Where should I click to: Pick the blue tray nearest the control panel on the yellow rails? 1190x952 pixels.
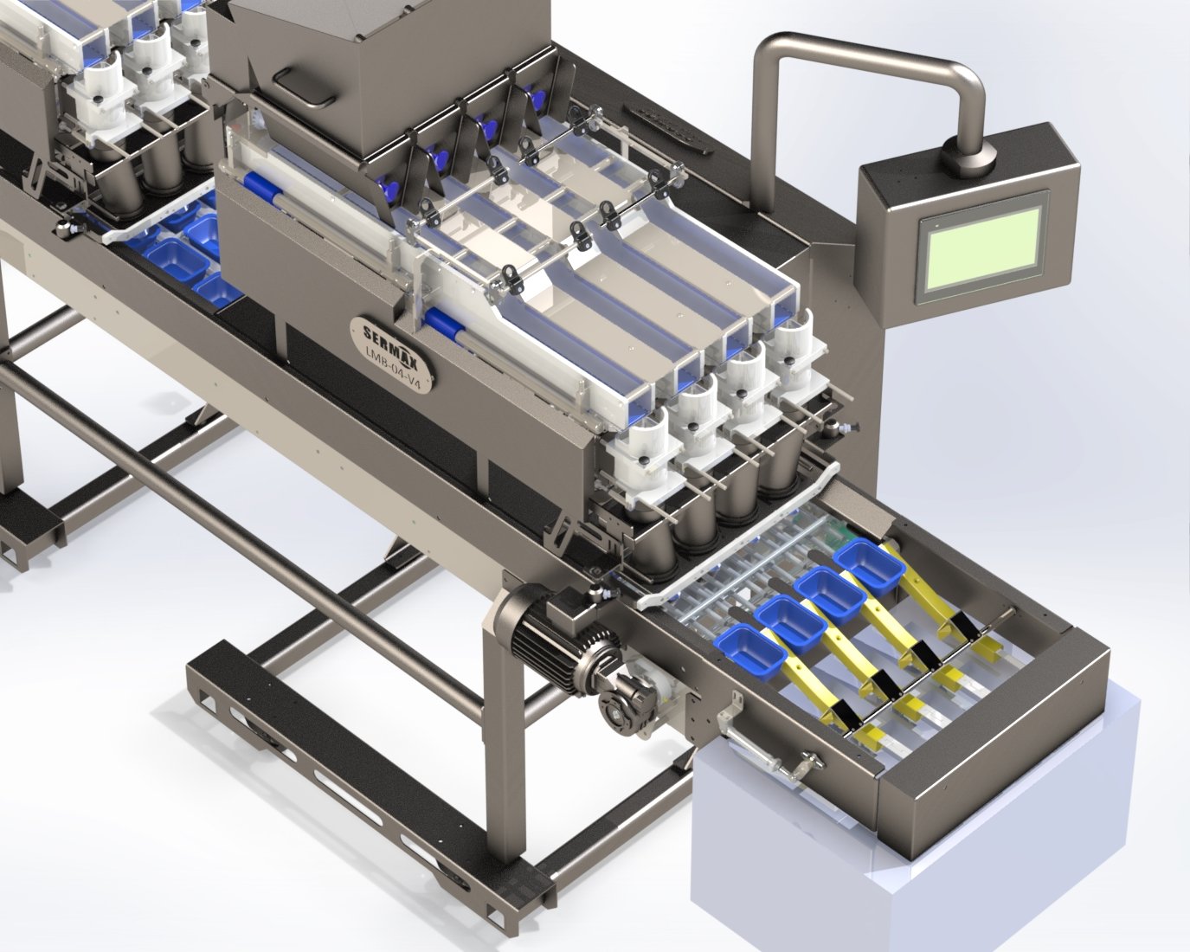tap(871, 565)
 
